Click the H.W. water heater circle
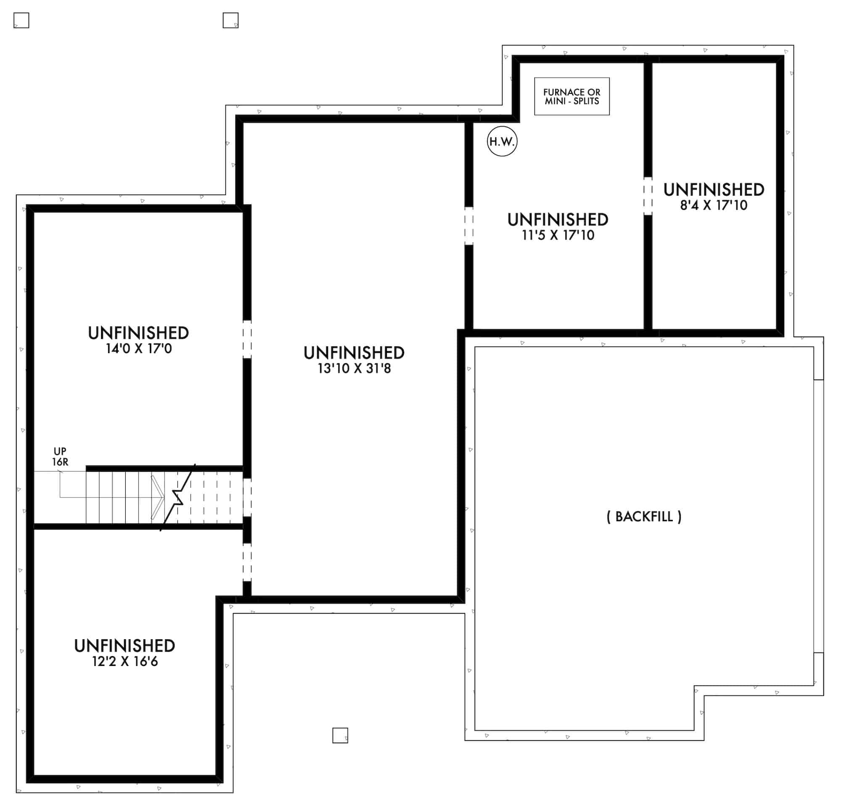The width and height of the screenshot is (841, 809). tap(502, 141)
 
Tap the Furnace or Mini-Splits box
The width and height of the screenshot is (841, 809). tap(571, 97)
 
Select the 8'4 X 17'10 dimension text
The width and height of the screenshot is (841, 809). tap(714, 206)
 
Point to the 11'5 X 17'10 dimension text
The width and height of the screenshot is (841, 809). tap(558, 235)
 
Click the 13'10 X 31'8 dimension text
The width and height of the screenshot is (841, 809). tap(354, 368)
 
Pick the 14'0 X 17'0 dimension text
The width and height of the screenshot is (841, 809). tap(139, 348)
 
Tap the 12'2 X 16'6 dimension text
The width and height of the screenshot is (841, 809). tap(125, 661)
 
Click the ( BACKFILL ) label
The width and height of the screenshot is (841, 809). tap(644, 516)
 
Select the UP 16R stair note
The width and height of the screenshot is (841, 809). tap(60, 456)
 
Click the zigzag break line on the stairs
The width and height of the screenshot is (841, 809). tap(178, 497)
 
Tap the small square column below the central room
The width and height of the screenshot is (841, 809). tap(340, 735)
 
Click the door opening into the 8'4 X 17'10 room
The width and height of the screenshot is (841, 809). tap(648, 196)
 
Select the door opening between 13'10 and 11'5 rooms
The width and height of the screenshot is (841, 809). tap(469, 226)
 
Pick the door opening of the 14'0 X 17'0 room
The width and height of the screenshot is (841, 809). tap(247, 339)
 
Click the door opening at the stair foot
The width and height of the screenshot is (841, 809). tap(247, 497)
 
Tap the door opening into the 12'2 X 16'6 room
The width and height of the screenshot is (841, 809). tap(247, 562)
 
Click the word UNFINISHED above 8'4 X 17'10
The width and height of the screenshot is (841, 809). tap(714, 190)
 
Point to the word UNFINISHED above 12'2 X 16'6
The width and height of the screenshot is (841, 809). tap(125, 645)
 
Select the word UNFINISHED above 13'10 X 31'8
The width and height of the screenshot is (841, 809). tap(354, 353)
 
